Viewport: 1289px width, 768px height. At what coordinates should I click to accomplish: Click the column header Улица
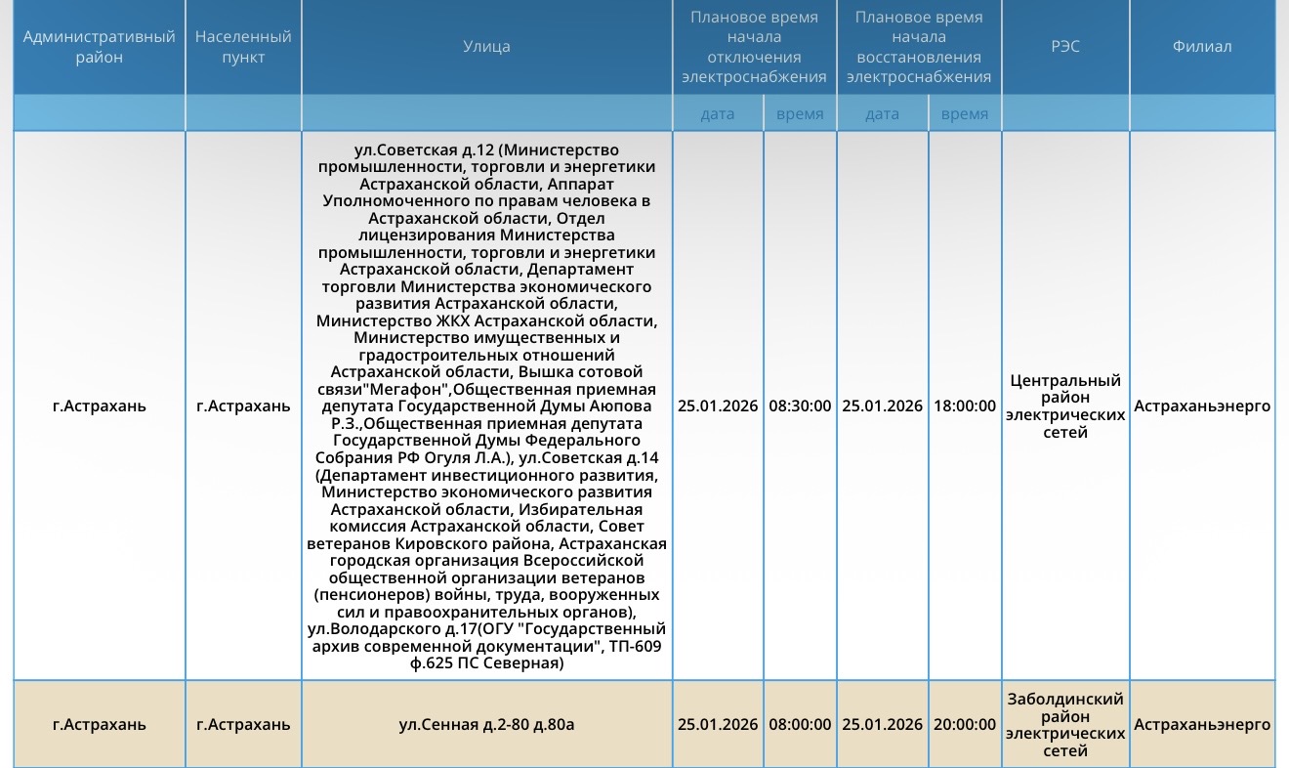coord(486,46)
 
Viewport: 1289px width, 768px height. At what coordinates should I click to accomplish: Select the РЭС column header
coord(1065,46)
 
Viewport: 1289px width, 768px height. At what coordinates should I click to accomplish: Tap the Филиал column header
coord(1202,46)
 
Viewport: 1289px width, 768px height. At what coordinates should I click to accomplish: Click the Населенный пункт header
coord(243,46)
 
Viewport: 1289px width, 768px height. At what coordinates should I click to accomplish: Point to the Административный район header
coord(100,46)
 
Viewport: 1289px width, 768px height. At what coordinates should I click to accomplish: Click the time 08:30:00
coord(800,405)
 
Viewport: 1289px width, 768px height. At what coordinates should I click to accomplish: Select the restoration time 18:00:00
coord(965,405)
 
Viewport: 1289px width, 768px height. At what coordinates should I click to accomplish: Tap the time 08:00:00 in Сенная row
coord(800,724)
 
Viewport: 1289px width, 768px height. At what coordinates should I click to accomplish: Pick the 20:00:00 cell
coord(965,724)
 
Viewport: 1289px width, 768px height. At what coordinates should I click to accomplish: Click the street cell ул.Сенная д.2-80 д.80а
coord(486,724)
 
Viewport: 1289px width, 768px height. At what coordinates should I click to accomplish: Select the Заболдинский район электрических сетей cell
coord(1065,724)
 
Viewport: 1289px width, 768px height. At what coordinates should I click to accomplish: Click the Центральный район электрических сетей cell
coord(1065,405)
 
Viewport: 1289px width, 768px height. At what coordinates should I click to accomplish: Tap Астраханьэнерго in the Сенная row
coord(1202,724)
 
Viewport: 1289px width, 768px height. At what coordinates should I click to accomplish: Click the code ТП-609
coord(634,647)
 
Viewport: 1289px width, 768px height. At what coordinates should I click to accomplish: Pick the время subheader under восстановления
coord(965,114)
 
